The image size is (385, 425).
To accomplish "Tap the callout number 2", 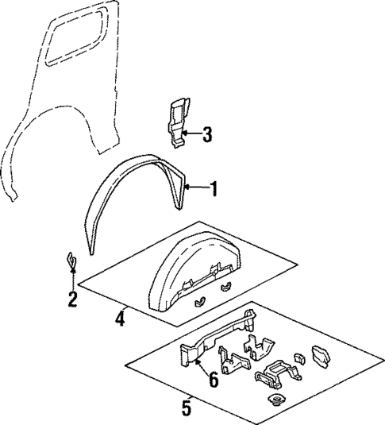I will coord(72,299).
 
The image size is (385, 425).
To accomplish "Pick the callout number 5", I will coord(187,409).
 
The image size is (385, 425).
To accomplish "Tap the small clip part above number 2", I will coord(71,260).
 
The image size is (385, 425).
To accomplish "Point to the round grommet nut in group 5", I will coord(275,400).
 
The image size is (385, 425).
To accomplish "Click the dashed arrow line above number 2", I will coord(72,280).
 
